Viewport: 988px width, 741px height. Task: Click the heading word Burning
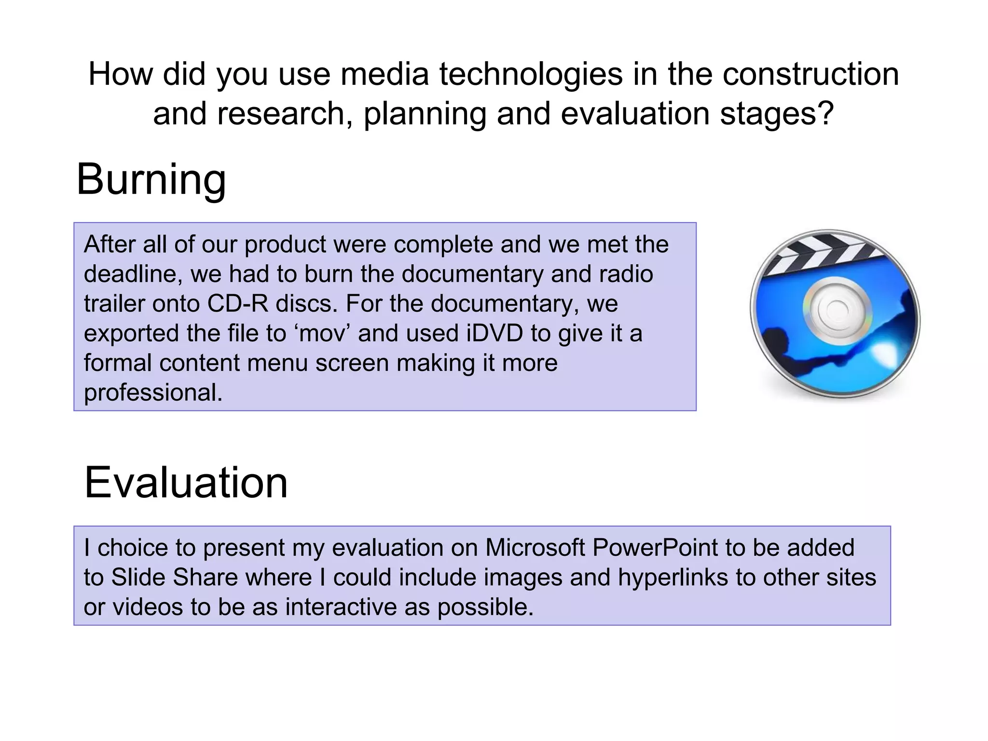click(151, 179)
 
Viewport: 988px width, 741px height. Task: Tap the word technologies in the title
click(531, 75)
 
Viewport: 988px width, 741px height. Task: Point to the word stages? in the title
click(777, 114)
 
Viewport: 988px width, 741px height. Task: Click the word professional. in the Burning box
click(153, 393)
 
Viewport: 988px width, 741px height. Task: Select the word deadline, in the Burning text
click(133, 274)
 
